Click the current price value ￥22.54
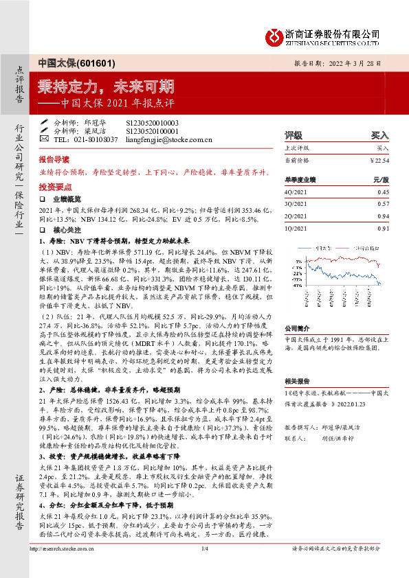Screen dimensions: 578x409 (x=379, y=160)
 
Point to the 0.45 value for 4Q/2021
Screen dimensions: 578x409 (x=383, y=192)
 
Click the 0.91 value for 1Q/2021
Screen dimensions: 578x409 (x=383, y=228)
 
